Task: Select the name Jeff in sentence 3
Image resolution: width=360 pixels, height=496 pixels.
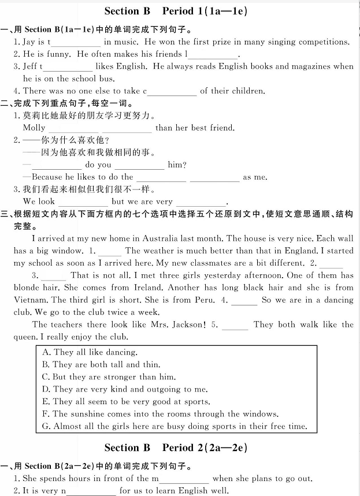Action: point(31,66)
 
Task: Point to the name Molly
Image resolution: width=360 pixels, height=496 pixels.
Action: point(34,128)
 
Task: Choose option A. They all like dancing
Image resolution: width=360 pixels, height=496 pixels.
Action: point(90,352)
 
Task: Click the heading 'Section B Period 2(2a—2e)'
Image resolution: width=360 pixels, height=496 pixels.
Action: point(176,447)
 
